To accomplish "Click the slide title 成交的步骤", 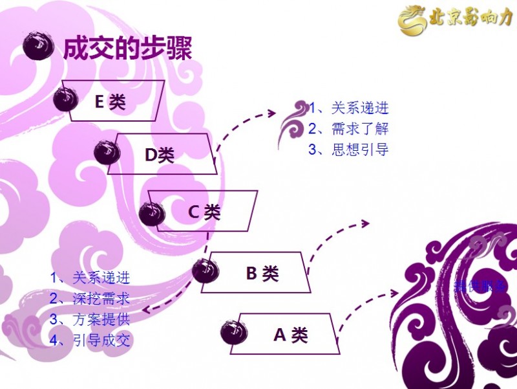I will pyautogui.click(x=127, y=48).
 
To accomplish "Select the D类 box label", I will pyautogui.click(x=159, y=155).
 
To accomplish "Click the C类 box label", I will pyautogui.click(x=204, y=212).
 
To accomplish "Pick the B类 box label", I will pyautogui.click(x=262, y=273).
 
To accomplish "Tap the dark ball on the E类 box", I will pyautogui.click(x=65, y=99).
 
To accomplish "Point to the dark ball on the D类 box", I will pyautogui.click(x=107, y=152).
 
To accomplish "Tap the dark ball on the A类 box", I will pyautogui.click(x=233, y=332).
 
